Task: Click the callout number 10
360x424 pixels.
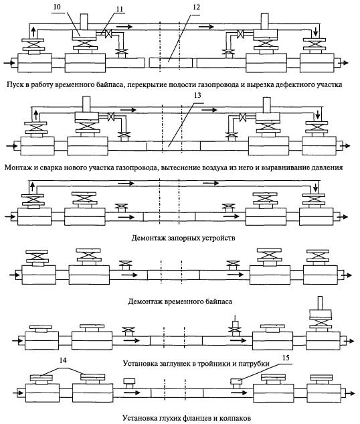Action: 58,7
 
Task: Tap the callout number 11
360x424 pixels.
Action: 120,9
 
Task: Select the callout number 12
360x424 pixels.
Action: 197,7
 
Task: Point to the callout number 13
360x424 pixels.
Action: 197,95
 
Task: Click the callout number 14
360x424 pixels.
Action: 63,360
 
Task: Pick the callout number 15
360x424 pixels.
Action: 286,358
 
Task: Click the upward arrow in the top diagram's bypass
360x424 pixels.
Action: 33,31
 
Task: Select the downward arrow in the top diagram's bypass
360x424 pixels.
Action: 315,31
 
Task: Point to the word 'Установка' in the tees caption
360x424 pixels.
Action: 140,364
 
